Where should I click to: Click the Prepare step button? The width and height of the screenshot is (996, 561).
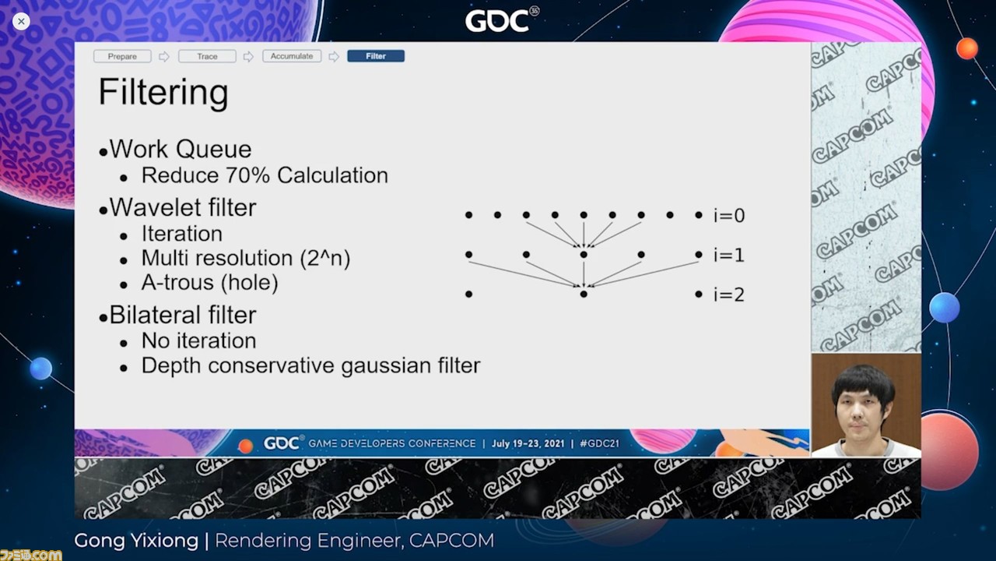(x=122, y=57)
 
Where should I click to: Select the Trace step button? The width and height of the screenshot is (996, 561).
(x=207, y=57)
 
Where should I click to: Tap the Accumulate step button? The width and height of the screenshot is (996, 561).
(x=292, y=56)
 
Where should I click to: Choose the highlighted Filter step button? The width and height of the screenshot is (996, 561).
(x=376, y=56)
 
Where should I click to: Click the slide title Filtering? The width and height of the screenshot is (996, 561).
(x=163, y=93)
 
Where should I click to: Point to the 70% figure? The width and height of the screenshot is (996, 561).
(x=247, y=175)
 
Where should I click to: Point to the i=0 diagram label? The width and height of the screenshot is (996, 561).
(x=729, y=216)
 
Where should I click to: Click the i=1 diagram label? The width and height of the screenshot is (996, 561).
(x=729, y=256)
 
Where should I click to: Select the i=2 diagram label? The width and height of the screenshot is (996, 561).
(x=729, y=295)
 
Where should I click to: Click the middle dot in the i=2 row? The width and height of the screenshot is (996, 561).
(x=584, y=295)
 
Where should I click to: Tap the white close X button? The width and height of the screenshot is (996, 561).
(x=21, y=21)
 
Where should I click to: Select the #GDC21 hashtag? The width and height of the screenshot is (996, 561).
(x=599, y=443)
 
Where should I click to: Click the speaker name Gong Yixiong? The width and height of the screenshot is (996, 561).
(x=136, y=541)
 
